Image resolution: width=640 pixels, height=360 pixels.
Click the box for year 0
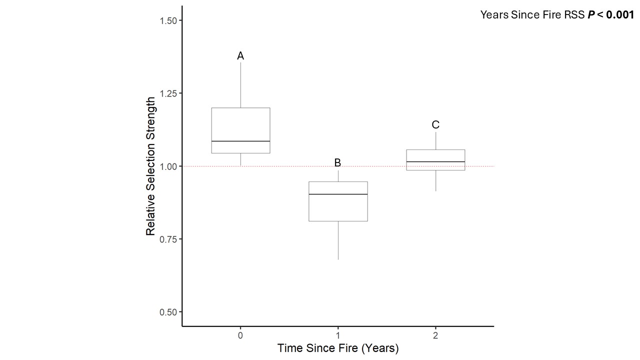coord(240,125)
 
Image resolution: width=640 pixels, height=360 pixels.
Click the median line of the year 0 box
coord(240,141)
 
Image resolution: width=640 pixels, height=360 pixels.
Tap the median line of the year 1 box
coord(338,194)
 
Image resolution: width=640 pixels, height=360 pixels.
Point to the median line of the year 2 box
coord(435,161)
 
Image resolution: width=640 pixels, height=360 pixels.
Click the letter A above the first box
coord(240,56)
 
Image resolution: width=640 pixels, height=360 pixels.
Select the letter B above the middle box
coord(337,162)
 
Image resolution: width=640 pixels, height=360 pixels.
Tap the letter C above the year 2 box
coord(435,125)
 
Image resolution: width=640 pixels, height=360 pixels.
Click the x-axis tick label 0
coord(240,335)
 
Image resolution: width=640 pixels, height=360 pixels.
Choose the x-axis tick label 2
coord(435,335)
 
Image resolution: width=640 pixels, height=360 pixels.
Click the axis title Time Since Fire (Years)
coord(338,348)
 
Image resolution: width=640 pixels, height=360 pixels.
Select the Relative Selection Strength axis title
coord(150,166)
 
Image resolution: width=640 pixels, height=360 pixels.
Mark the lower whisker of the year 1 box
coord(338,240)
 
